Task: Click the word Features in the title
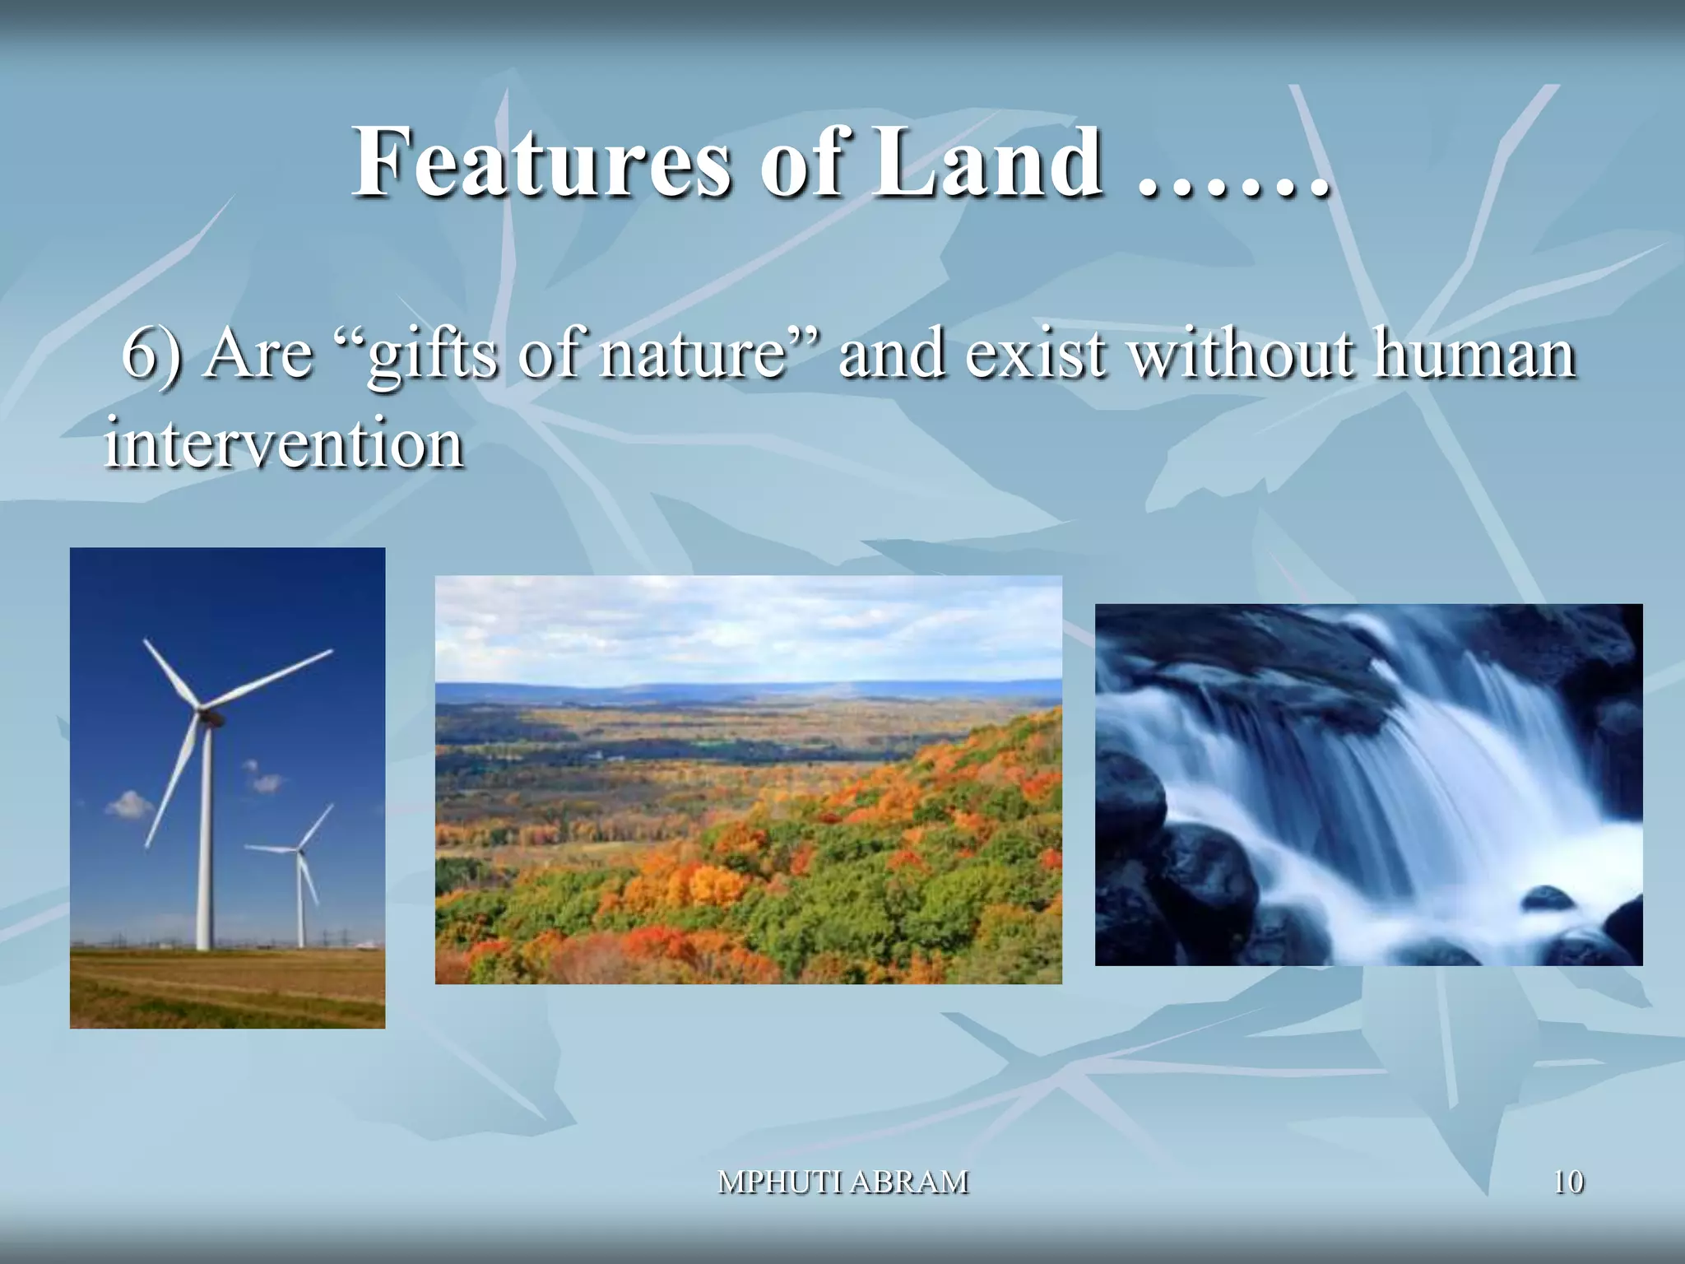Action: (x=539, y=162)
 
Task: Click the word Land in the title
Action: (x=986, y=162)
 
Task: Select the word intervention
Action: (x=284, y=443)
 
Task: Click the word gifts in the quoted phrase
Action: (x=432, y=355)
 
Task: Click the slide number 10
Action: (x=1568, y=1182)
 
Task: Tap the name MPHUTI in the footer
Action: (x=780, y=1182)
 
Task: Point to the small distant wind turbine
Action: (x=301, y=872)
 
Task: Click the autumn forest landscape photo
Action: (x=748, y=778)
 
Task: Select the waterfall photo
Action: (x=1368, y=784)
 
